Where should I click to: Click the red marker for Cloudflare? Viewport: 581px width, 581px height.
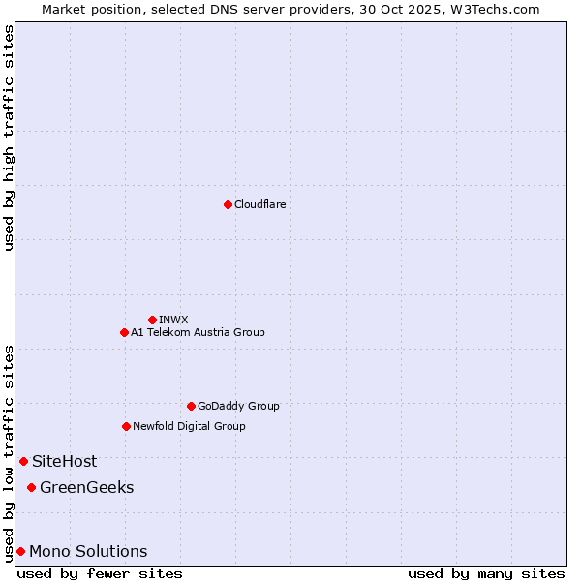(x=228, y=204)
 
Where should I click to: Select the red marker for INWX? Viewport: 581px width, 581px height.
(x=152, y=320)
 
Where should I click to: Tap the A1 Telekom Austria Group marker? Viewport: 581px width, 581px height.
(x=124, y=332)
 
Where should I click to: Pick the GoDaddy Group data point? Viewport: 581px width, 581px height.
(x=191, y=406)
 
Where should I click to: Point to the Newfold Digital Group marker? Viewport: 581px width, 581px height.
(x=126, y=426)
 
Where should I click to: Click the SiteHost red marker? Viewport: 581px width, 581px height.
(x=23, y=461)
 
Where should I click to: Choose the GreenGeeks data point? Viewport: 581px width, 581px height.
(x=31, y=487)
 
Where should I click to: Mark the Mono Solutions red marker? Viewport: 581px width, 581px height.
(x=20, y=551)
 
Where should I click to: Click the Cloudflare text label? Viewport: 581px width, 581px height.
(x=260, y=204)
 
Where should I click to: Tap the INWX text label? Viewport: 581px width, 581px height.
(x=173, y=320)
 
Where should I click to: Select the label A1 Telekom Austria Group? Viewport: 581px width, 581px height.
(x=198, y=332)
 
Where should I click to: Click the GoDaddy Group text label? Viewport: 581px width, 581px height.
(x=238, y=406)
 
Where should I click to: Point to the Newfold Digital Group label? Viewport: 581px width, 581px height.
(x=189, y=426)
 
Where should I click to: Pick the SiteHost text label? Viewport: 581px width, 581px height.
(x=64, y=461)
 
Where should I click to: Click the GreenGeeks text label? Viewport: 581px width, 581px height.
(x=86, y=487)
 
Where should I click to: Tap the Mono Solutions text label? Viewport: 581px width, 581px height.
(x=88, y=551)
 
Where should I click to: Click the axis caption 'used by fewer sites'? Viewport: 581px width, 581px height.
(x=100, y=573)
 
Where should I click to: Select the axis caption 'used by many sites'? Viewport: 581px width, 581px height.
(x=486, y=573)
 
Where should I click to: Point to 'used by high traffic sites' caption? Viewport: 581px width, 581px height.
(x=9, y=138)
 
